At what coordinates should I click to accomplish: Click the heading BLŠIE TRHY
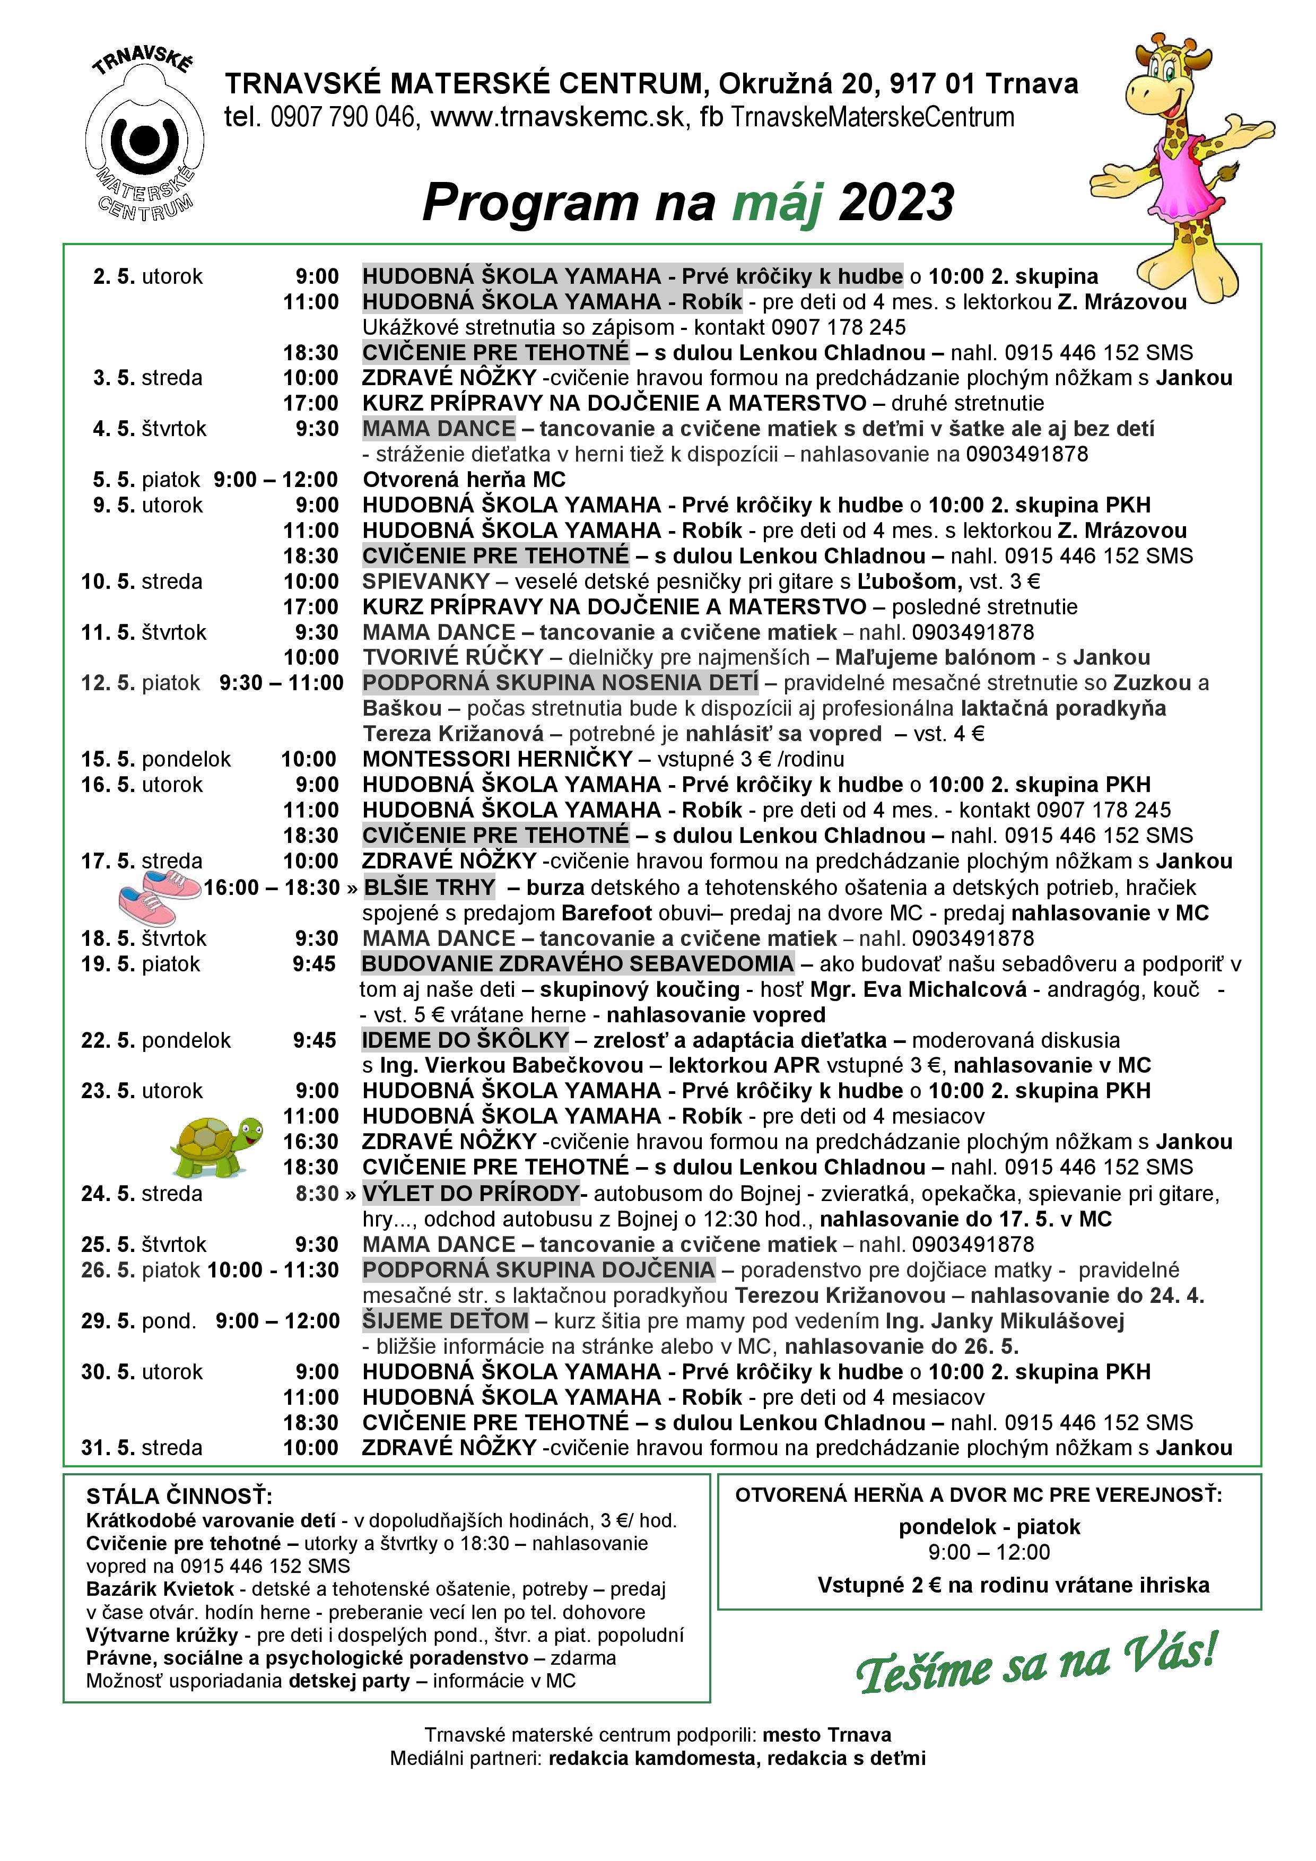coord(430,888)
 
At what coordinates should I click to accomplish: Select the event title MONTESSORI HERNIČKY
coord(496,760)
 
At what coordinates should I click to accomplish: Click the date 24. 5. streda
coord(142,1194)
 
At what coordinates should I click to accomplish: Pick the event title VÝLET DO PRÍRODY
coord(470,1194)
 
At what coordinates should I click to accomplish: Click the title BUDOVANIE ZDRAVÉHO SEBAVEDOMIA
coord(578,964)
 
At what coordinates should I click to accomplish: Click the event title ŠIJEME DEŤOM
coord(445,1321)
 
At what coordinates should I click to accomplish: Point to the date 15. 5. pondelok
coord(155,760)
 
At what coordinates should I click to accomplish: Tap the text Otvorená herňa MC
coord(464,480)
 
